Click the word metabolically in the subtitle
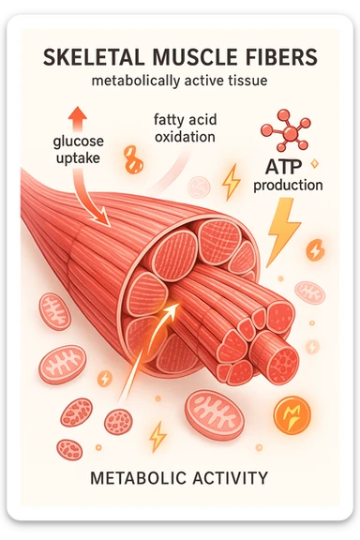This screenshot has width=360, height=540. pos(134,82)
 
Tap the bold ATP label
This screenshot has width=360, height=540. pos(288,167)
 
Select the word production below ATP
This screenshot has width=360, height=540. pos(288,185)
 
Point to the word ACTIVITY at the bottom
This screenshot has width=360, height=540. pos(231,478)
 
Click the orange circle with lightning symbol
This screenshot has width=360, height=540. pos(290,413)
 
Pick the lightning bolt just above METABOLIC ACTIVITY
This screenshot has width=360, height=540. pos(157,435)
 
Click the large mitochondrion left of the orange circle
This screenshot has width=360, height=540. pos(215,415)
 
